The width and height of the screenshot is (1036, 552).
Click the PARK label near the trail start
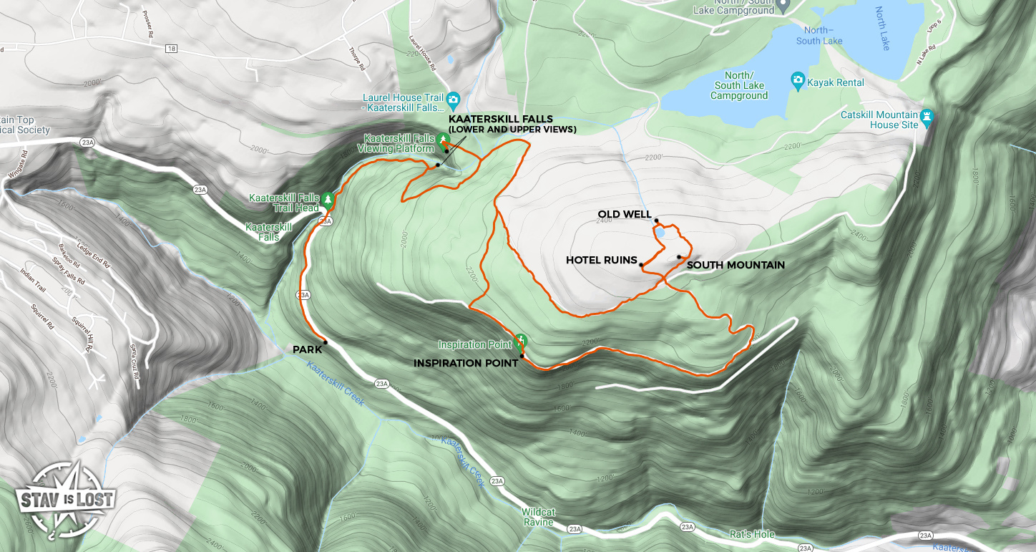(306, 349)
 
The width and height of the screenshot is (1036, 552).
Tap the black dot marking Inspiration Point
(522, 356)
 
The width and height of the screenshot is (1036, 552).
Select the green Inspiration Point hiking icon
(521, 340)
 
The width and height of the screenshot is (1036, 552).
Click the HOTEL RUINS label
(601, 260)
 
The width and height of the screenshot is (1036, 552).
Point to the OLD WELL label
(625, 214)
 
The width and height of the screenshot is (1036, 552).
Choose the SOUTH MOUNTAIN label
(736, 265)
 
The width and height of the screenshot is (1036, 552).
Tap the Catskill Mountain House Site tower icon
(929, 115)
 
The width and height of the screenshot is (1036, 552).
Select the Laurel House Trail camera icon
(453, 99)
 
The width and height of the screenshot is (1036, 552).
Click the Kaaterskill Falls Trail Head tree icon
(328, 198)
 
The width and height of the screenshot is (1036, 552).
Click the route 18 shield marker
(170, 49)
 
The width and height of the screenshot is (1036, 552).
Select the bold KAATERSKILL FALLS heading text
(501, 118)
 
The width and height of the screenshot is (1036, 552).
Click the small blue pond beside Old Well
(660, 233)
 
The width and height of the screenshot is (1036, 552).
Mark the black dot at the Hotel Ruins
(641, 265)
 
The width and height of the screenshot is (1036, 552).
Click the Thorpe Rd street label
(356, 58)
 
